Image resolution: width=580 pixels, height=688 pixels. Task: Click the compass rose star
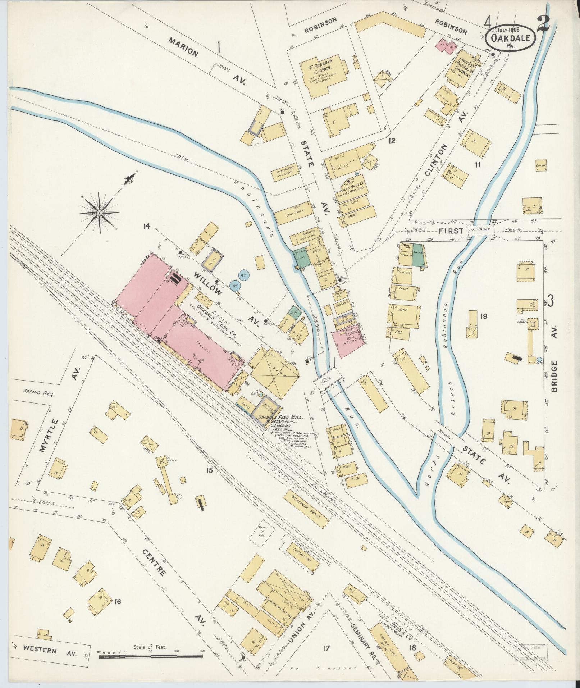tap(99, 213)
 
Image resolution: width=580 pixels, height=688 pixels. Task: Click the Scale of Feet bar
tap(151, 656)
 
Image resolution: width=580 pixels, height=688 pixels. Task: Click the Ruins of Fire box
tap(262, 538)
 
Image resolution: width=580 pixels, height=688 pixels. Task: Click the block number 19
tap(483, 316)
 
